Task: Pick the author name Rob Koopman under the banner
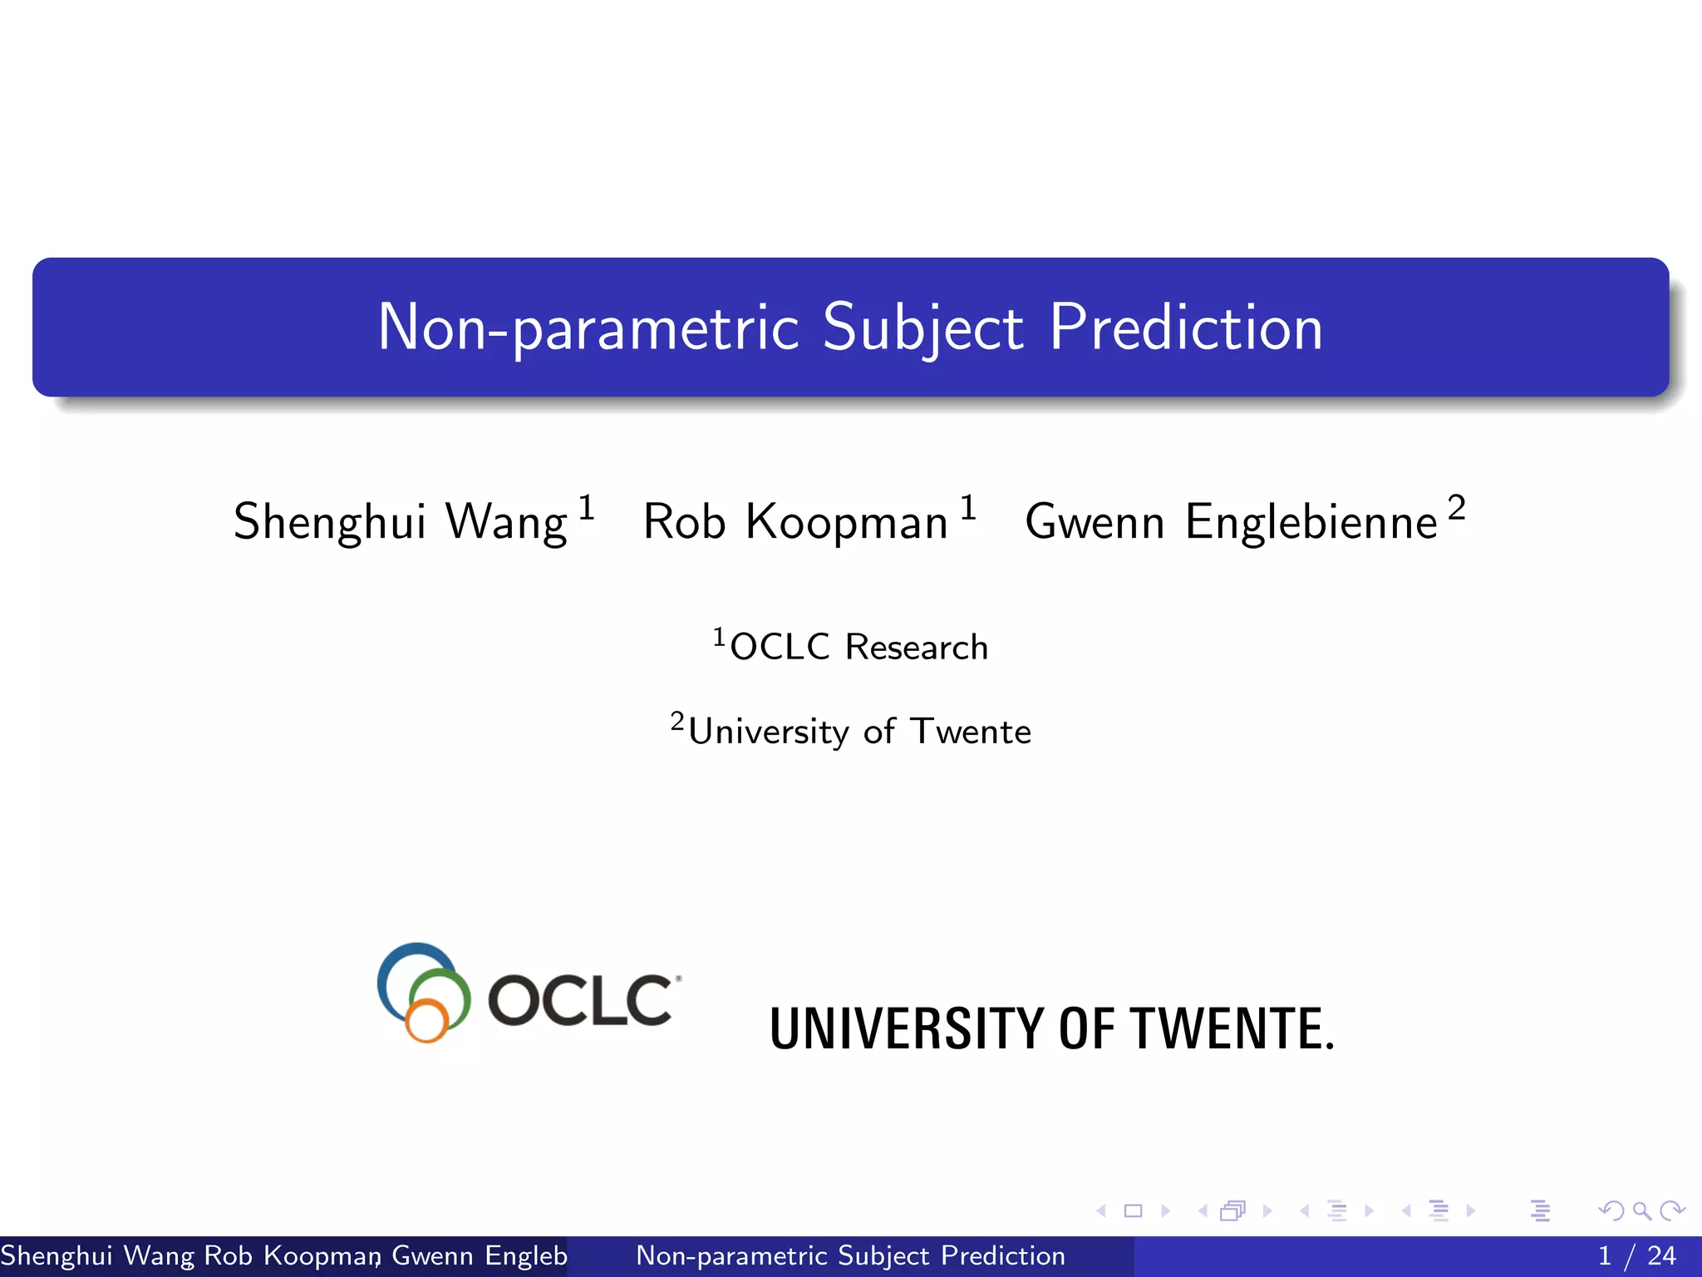click(x=795, y=522)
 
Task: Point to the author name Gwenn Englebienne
click(x=1231, y=522)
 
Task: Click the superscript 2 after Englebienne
click(x=1456, y=507)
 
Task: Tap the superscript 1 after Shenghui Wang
click(x=587, y=507)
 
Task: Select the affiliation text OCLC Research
click(x=858, y=647)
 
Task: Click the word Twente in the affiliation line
click(x=971, y=732)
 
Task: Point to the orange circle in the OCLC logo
click(x=427, y=1019)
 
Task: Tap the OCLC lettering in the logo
click(x=580, y=999)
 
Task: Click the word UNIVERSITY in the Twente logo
click(x=906, y=1029)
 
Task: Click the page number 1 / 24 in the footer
click(x=1636, y=1255)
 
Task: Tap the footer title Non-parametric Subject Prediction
click(x=850, y=1255)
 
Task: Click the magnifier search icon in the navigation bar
click(x=1641, y=1210)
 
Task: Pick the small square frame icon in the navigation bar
click(x=1133, y=1210)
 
